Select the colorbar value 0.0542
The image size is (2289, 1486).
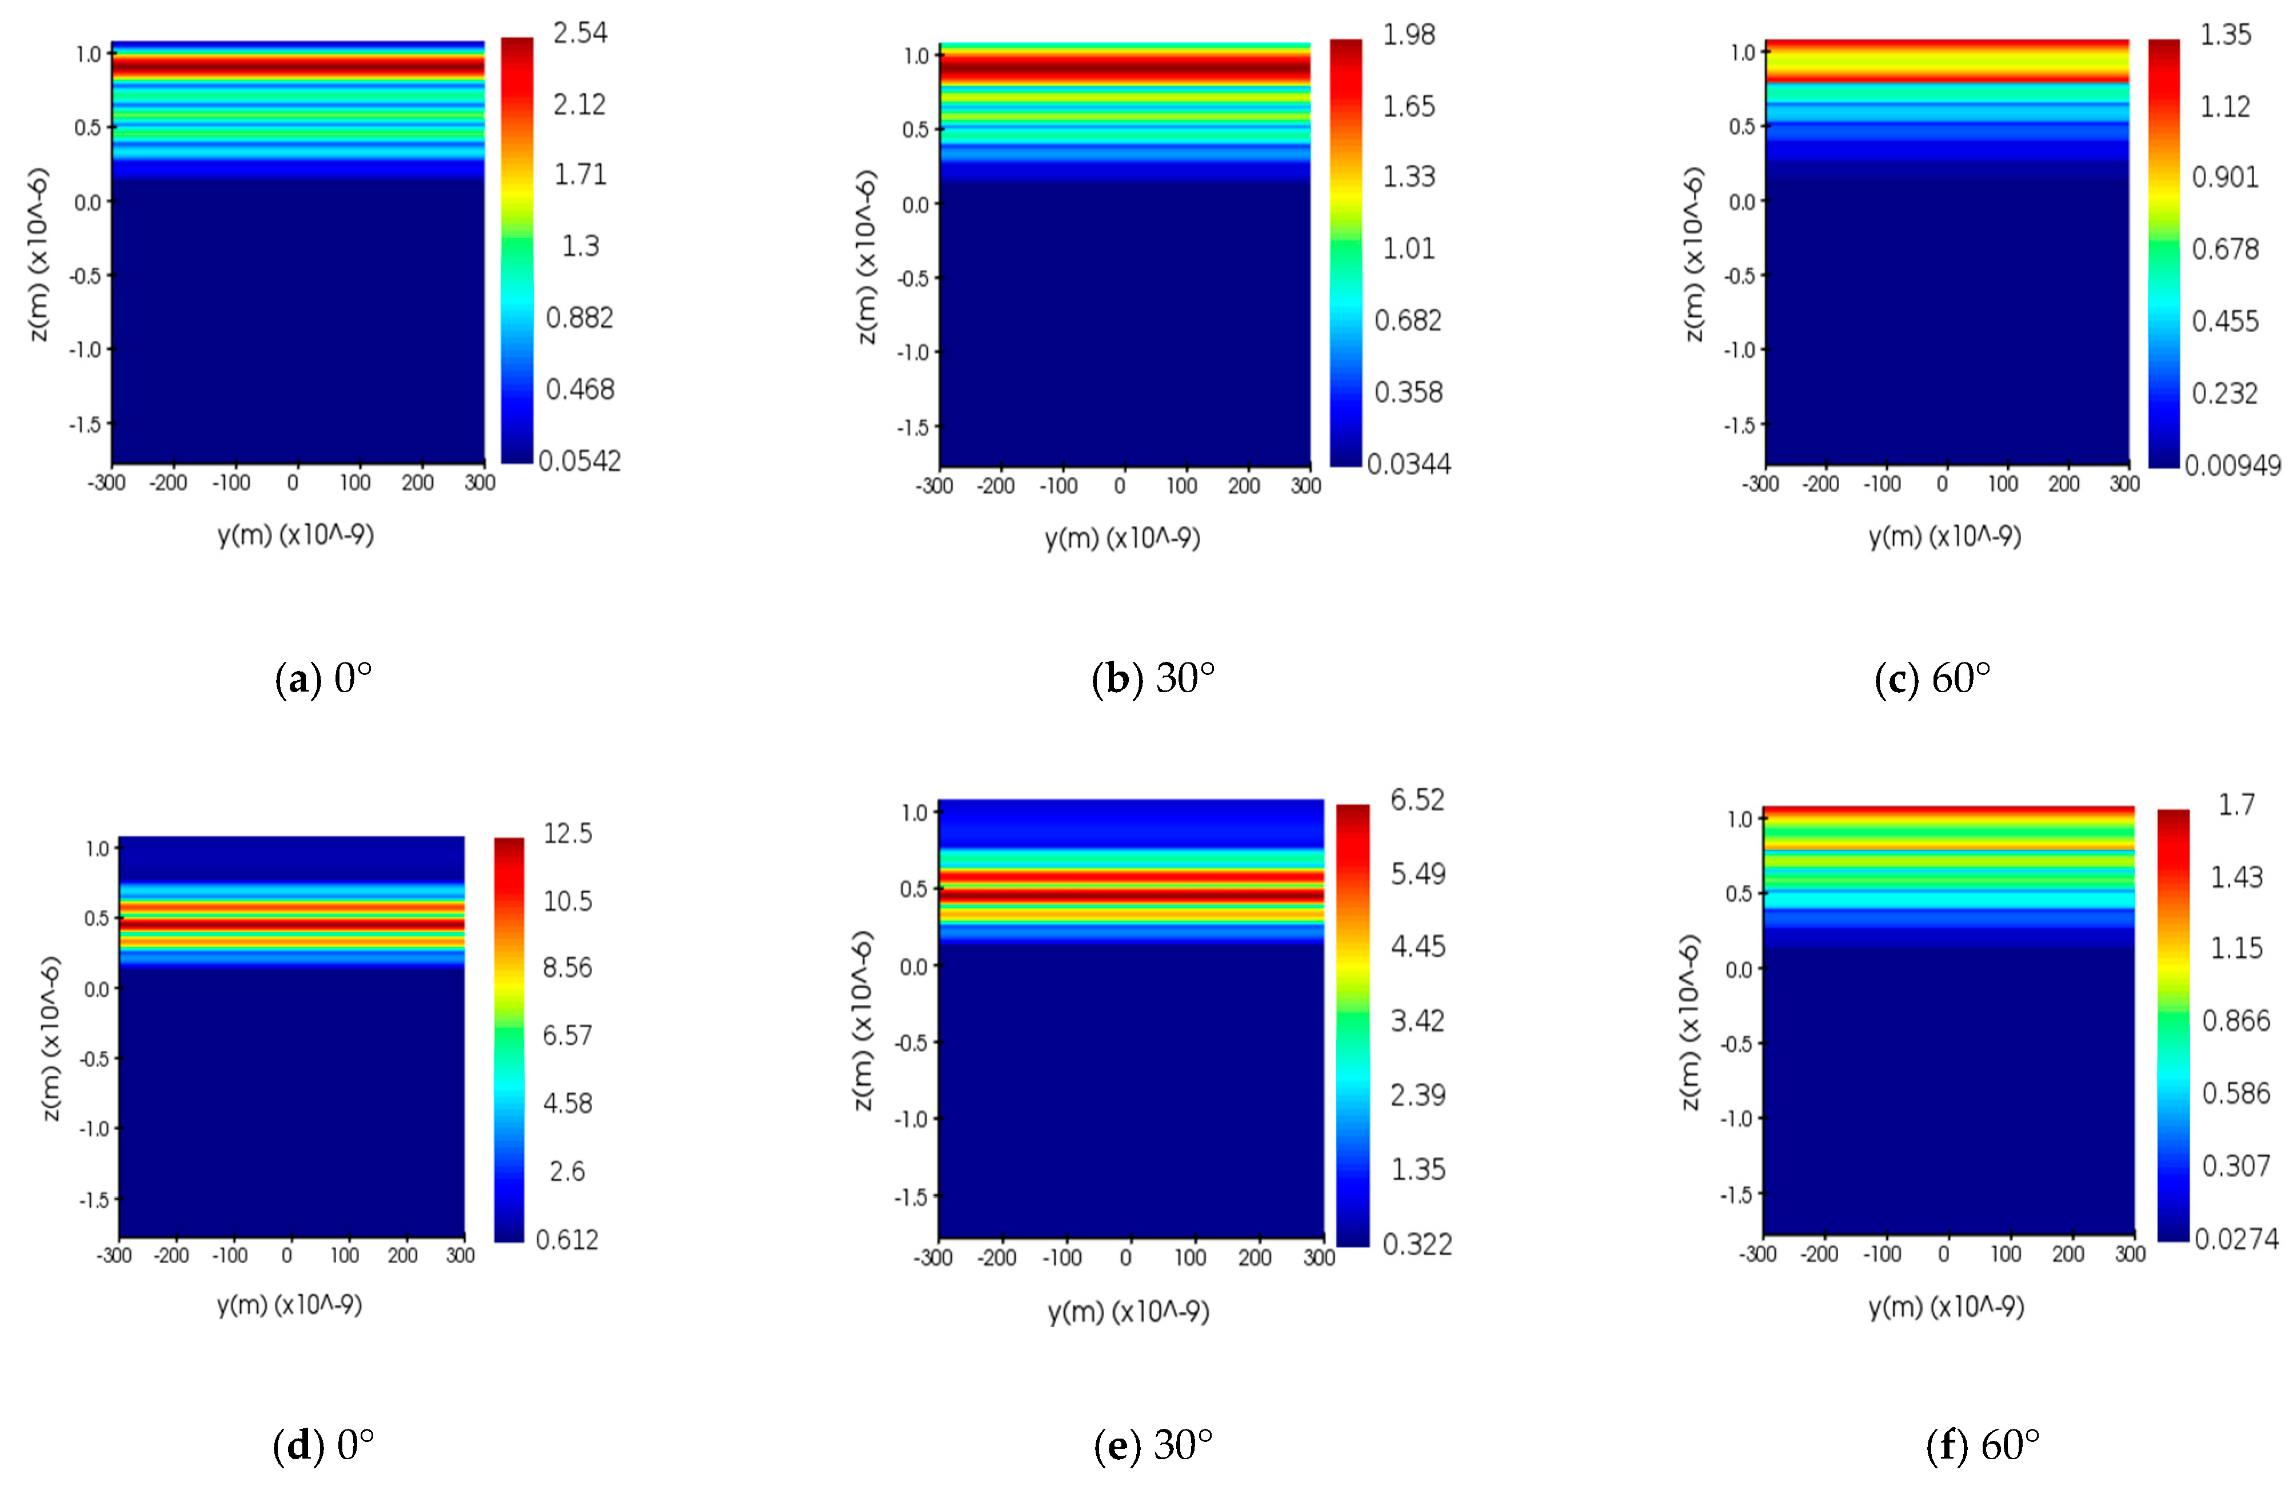tap(579, 461)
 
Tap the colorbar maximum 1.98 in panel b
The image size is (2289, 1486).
tap(1408, 35)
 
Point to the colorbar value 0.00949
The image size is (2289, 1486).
tap(2231, 465)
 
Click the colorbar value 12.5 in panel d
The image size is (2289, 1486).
tap(568, 833)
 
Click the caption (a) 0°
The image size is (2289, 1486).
tap(323, 679)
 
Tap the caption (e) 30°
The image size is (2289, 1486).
tap(1153, 1445)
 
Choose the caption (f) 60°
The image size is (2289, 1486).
tap(1982, 1445)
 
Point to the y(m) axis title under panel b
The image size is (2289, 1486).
tap(1122, 538)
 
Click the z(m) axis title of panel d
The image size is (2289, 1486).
tap(51, 1038)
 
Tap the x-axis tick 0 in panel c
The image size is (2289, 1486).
tap(1942, 484)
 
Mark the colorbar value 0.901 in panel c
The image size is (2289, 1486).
tap(2224, 177)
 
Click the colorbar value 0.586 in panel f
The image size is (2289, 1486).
tap(2236, 1093)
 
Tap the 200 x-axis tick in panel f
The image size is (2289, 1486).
tap(2068, 1254)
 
